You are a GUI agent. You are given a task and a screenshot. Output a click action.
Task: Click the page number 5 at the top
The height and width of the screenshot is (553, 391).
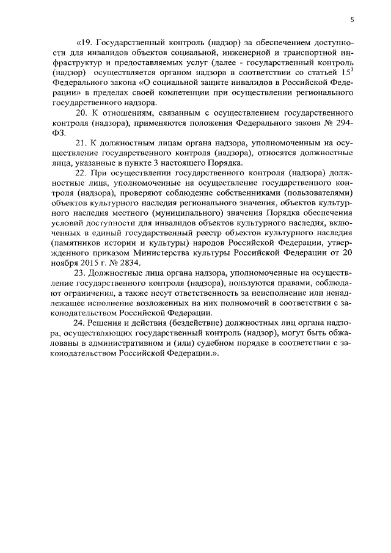coord(352,20)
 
